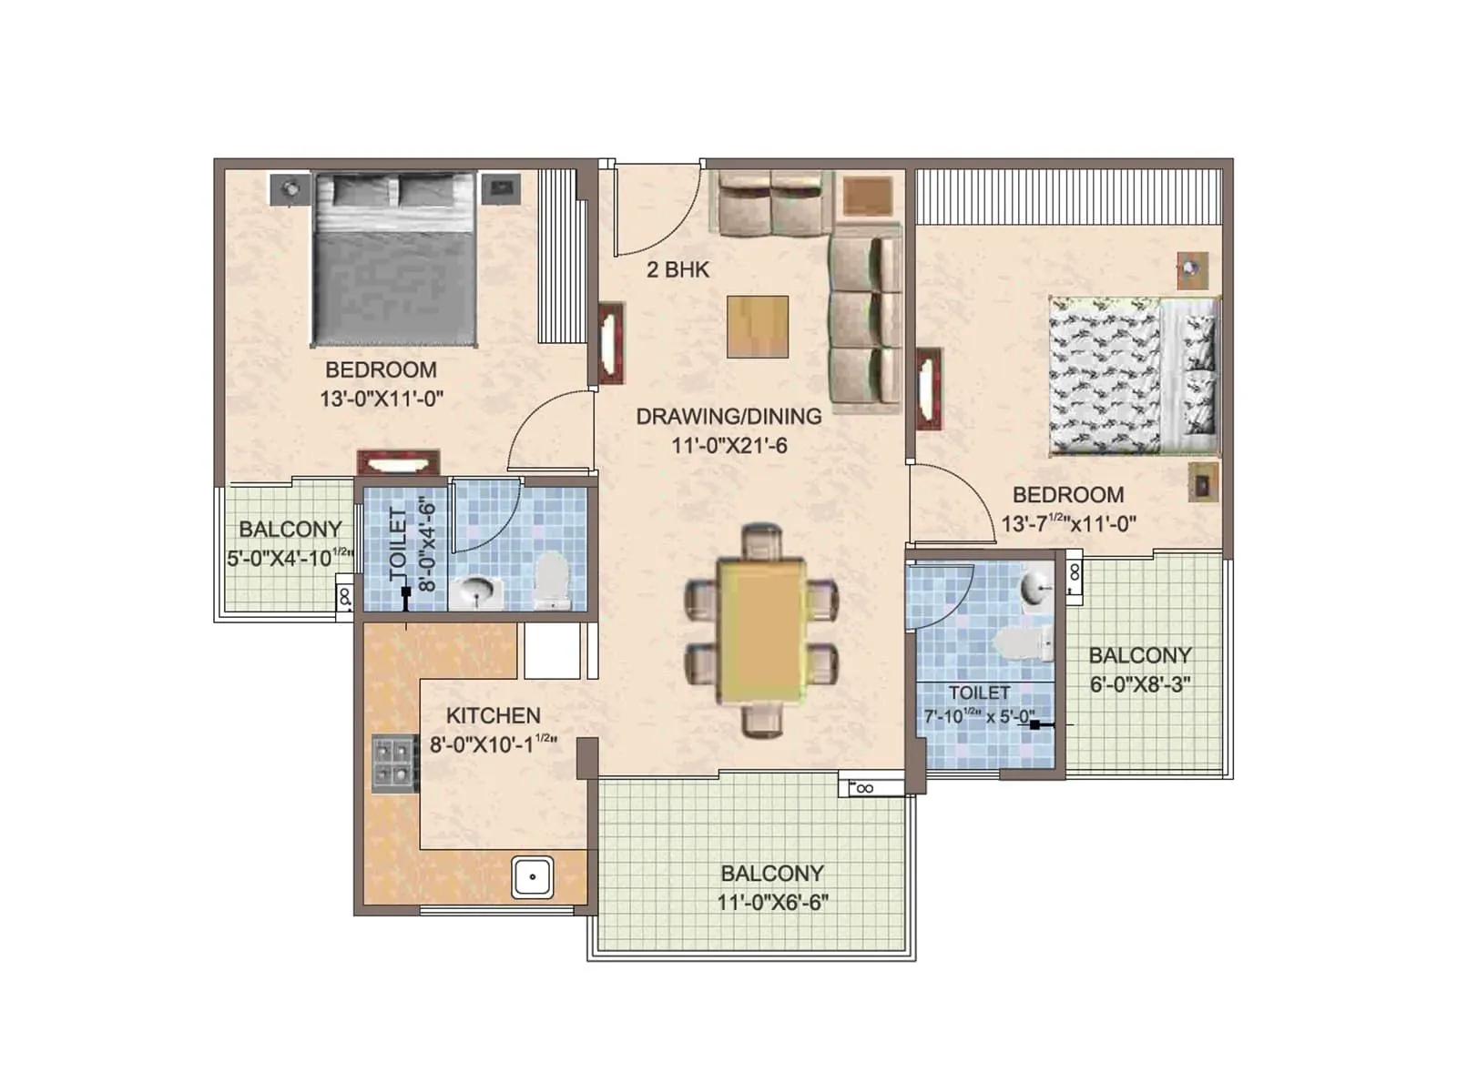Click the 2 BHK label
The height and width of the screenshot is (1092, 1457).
tap(678, 269)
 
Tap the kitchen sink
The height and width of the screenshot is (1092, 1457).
tap(532, 877)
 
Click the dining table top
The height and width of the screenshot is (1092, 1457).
tap(761, 630)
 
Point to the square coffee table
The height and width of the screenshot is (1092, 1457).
tap(758, 327)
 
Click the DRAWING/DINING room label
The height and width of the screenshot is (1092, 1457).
tap(728, 417)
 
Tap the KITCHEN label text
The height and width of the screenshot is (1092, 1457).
tap(494, 716)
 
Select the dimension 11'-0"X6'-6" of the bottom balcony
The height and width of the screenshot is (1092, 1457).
tap(772, 903)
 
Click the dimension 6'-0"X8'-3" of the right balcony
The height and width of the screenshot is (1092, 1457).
tap(1140, 684)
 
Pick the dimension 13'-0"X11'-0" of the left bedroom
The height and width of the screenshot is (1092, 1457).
tap(382, 399)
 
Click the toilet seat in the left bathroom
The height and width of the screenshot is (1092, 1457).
tap(551, 581)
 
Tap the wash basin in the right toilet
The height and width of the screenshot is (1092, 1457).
tap(1037, 586)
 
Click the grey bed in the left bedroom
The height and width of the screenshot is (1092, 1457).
tap(395, 259)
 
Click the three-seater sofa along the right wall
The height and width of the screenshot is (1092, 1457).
tap(864, 318)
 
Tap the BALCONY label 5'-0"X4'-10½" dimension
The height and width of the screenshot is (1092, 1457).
tap(289, 557)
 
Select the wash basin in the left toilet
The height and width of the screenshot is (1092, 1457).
tap(475, 592)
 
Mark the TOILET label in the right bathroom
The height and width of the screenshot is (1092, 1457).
tap(979, 693)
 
